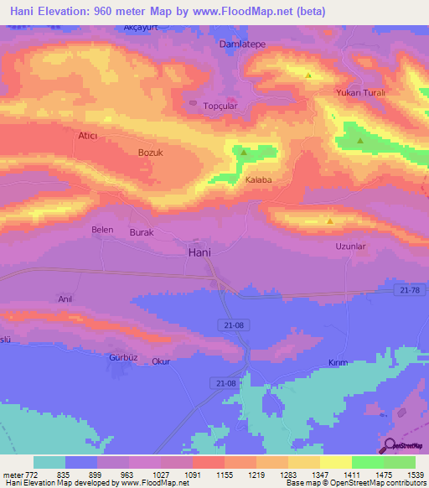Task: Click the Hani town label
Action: coord(199,252)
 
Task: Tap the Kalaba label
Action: coord(258,179)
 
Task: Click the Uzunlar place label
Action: coord(351,246)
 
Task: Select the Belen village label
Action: coord(101,229)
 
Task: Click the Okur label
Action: coord(161,361)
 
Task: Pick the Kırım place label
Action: coord(337,362)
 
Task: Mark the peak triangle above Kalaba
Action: coord(244,153)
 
